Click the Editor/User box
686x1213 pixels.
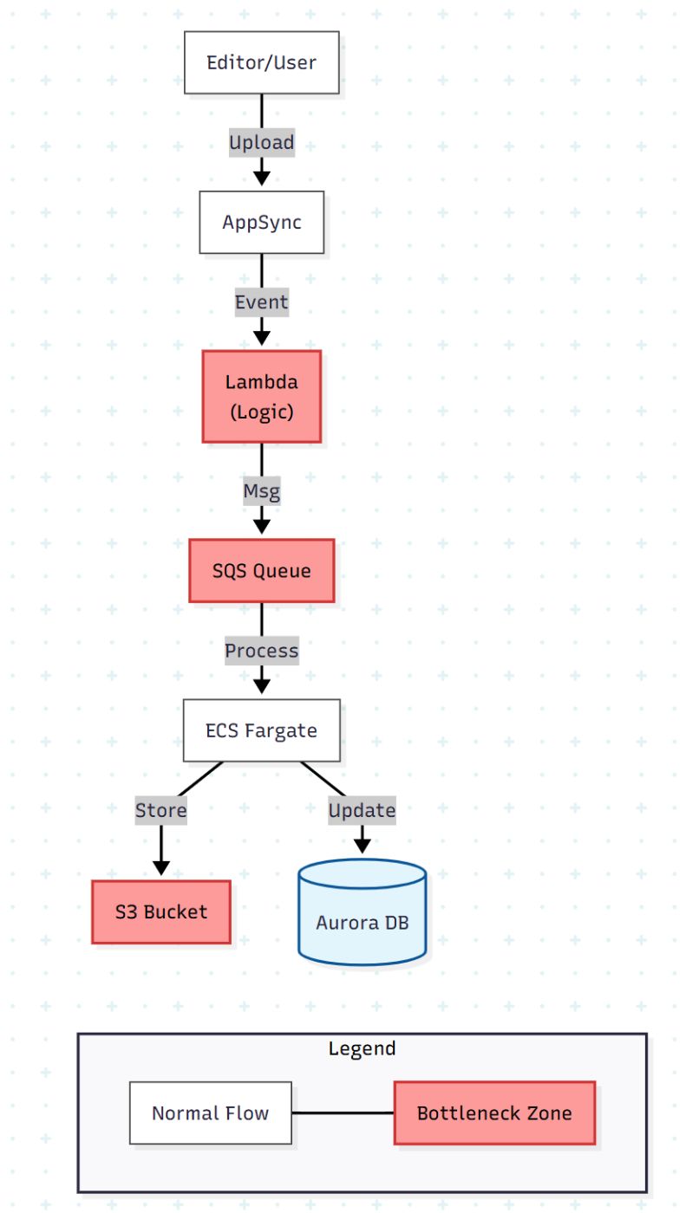(x=261, y=62)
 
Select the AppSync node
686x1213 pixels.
(x=261, y=222)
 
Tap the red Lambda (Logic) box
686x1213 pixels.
(x=261, y=397)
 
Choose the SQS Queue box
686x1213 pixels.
(x=261, y=571)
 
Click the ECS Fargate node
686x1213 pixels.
(x=261, y=730)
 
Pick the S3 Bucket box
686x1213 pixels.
(x=161, y=911)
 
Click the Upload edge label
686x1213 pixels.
(x=261, y=142)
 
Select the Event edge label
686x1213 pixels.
(x=261, y=302)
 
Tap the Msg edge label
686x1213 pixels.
(x=261, y=491)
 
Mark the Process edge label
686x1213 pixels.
(x=261, y=651)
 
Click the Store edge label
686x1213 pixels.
(x=161, y=810)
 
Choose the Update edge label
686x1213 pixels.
(x=362, y=810)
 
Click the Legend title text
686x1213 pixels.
(x=362, y=1048)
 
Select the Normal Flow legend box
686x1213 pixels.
(x=210, y=1113)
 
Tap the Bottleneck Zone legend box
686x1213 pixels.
(x=494, y=1113)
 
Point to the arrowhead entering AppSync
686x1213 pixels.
(x=261, y=178)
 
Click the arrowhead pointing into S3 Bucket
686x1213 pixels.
(x=161, y=867)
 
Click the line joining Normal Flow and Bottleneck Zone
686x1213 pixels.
(x=343, y=1113)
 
